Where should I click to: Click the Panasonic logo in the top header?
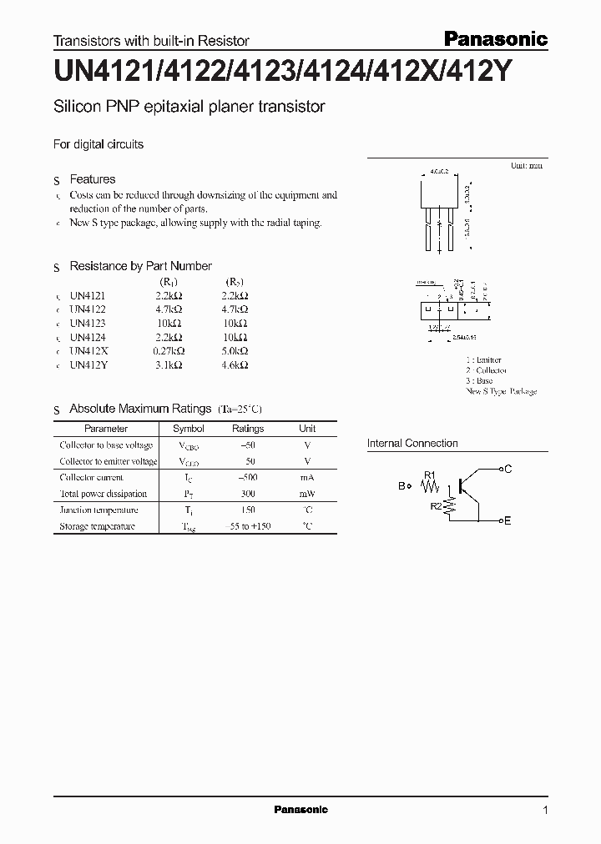pyautogui.click(x=494, y=38)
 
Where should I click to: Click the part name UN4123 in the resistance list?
pyautogui.click(x=88, y=323)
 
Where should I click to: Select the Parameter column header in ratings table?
pyautogui.click(x=106, y=429)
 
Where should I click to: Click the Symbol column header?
pyautogui.click(x=188, y=429)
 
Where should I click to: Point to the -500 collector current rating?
pyautogui.click(x=248, y=478)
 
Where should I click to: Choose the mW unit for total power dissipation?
pyautogui.click(x=307, y=494)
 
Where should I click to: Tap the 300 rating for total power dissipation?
pyautogui.click(x=248, y=494)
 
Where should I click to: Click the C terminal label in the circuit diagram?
pyautogui.click(x=508, y=470)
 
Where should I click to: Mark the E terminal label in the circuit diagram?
pyautogui.click(x=508, y=520)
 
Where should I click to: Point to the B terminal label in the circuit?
pyautogui.click(x=402, y=485)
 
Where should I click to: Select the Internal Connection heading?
pyautogui.click(x=412, y=444)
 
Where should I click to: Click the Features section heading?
pyautogui.click(x=92, y=179)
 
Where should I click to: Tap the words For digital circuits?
pyautogui.click(x=98, y=144)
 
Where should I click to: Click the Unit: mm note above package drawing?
pyautogui.click(x=526, y=167)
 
